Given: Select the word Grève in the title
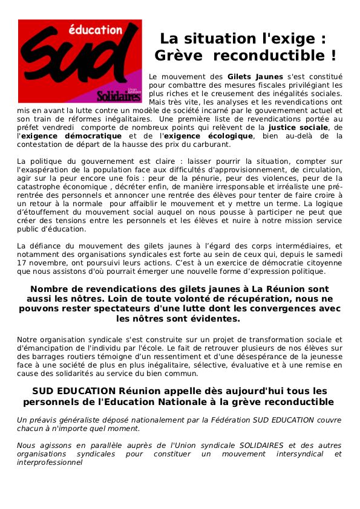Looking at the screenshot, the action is (178, 56).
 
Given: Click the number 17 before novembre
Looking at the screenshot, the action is (22, 254).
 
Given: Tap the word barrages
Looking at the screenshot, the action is (42, 357).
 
